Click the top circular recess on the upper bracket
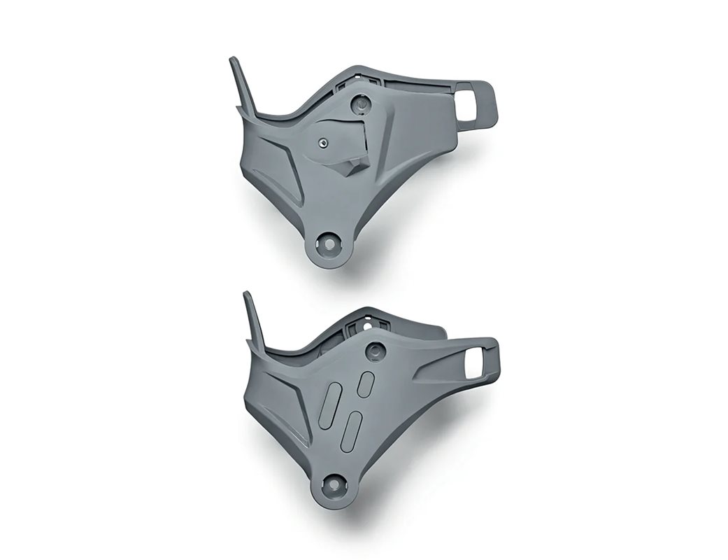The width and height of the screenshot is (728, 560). [x=361, y=104]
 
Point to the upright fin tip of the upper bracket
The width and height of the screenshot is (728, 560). [x=234, y=63]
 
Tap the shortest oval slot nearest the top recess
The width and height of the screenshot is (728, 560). [x=365, y=383]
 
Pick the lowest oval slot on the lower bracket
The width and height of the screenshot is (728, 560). [x=349, y=429]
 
